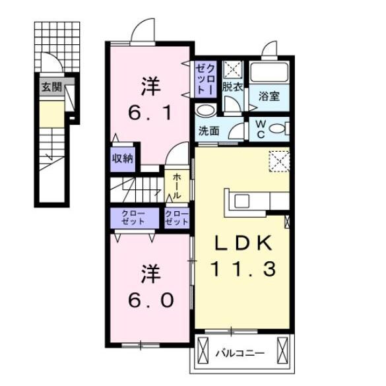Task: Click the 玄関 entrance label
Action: click(51, 86)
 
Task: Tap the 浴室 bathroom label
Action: click(269, 96)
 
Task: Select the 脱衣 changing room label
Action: click(232, 86)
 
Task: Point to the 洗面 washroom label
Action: click(209, 130)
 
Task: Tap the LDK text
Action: click(241, 243)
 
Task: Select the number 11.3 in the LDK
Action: click(241, 269)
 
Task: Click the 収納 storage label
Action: click(122, 158)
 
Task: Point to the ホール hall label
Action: click(177, 186)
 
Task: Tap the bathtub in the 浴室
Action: click(269, 72)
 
